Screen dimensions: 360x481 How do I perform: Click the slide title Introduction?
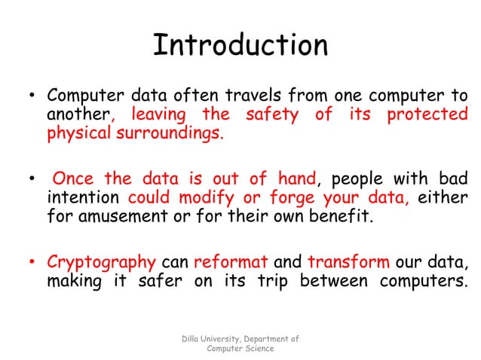tap(240, 46)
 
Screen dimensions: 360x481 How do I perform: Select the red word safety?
tap(269, 116)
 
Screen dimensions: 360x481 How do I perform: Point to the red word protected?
tap(427, 116)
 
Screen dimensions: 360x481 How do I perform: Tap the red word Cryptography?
tap(101, 262)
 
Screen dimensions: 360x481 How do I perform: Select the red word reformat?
tap(231, 262)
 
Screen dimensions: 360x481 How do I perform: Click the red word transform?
tap(348, 262)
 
